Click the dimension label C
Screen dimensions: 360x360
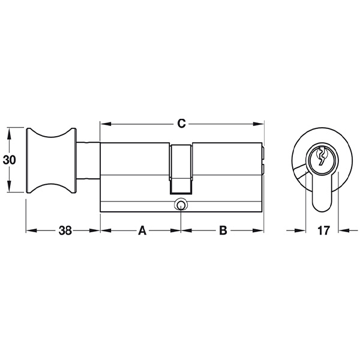pos(181,124)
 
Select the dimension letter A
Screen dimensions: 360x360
pos(142,230)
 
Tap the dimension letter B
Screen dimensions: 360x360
pos(223,230)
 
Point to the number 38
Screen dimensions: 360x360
pos(65,230)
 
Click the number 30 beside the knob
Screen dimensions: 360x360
pos(10,160)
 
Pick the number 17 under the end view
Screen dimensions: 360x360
pos(323,230)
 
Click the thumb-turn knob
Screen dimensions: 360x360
pos(52,160)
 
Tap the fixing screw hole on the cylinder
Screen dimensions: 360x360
pos(181,203)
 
